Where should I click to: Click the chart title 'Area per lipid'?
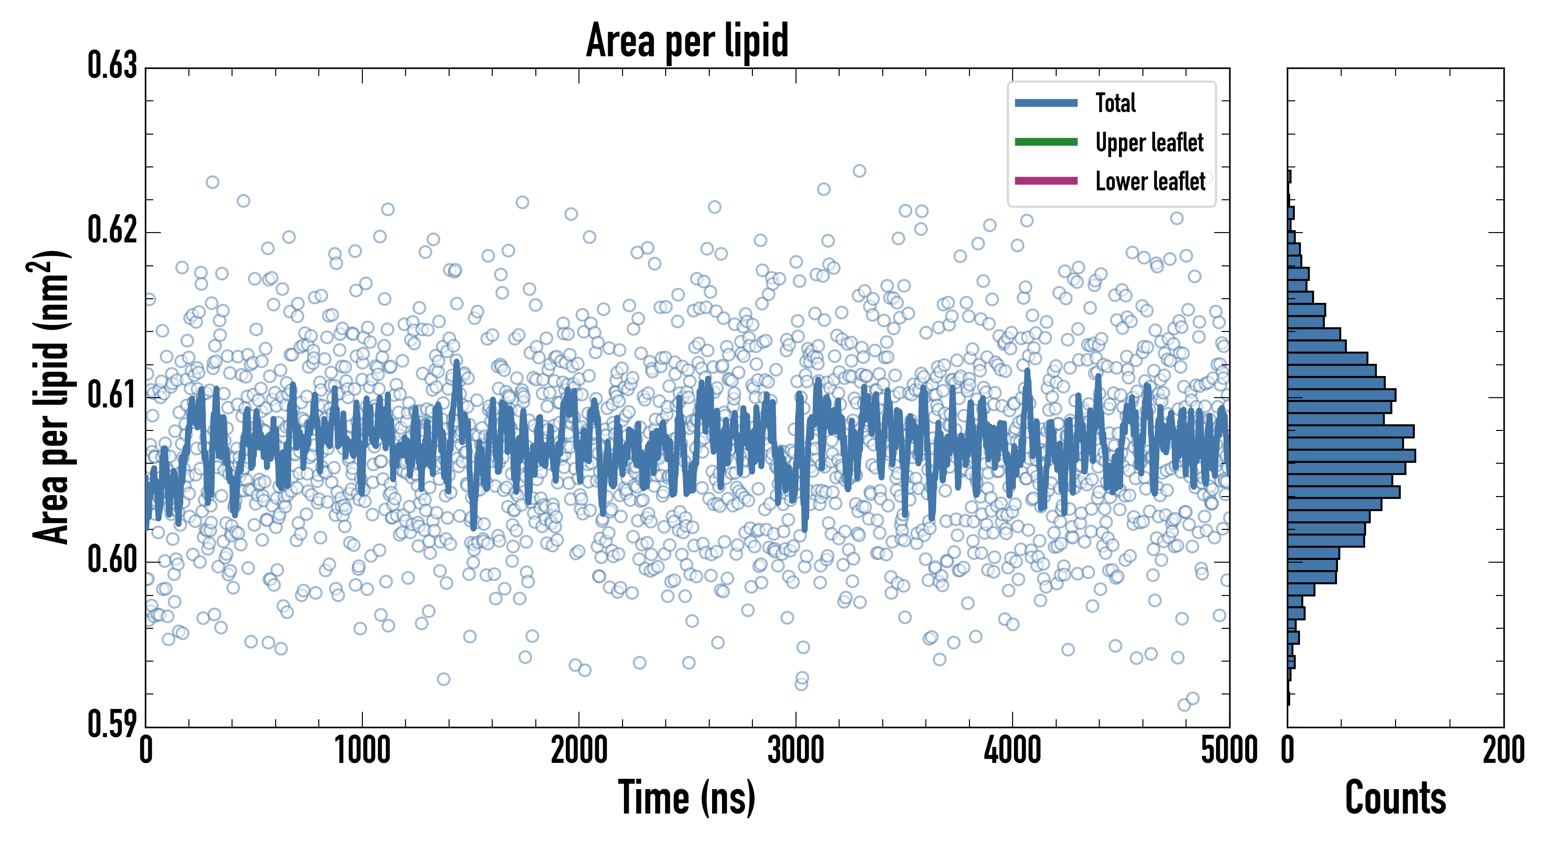click(687, 40)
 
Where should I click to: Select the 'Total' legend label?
click(1115, 103)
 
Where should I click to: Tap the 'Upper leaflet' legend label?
click(1149, 143)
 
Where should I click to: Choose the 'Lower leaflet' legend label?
click(1150, 181)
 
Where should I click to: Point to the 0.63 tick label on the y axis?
click(113, 66)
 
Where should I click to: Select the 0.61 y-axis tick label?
click(113, 395)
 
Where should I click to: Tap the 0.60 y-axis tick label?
click(113, 560)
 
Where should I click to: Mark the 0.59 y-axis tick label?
click(113, 724)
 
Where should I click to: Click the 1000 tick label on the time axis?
click(362, 751)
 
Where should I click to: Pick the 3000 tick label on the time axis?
click(796, 751)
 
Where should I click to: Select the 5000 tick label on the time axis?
click(1229, 751)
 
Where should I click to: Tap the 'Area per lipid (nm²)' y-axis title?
click(51, 397)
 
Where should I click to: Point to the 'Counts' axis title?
click(1395, 799)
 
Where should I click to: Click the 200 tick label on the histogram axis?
click(1503, 751)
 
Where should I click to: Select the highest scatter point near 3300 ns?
click(859, 171)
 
